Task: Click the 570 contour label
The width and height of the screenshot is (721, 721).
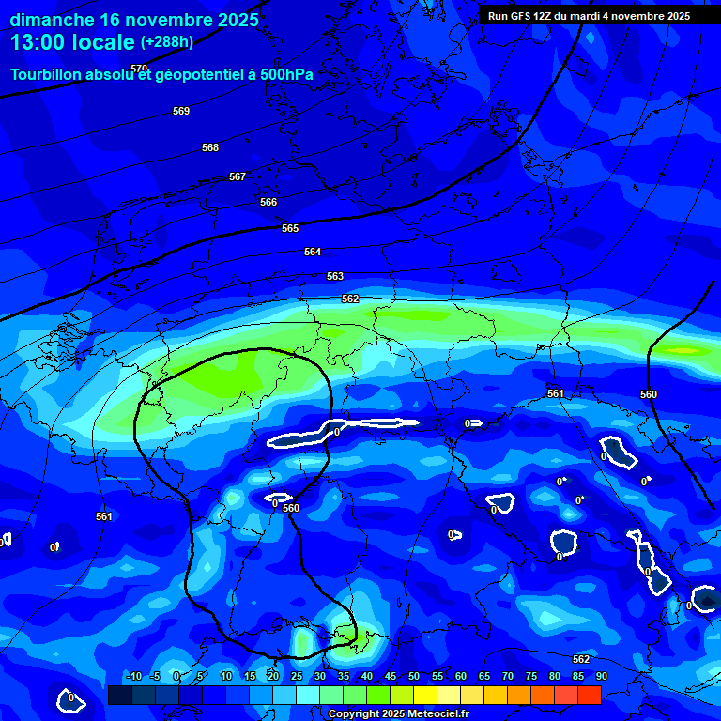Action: coord(139,69)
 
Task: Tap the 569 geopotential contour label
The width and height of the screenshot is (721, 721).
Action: coord(181,111)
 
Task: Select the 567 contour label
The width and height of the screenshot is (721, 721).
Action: coord(238,176)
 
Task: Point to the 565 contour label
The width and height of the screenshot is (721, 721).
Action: coord(290,228)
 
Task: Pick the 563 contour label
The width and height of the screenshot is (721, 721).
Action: coord(335,276)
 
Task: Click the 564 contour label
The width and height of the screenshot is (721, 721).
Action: coord(313,252)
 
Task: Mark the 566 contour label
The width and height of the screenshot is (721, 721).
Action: coord(268,202)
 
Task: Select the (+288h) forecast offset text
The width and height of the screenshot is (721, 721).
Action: coord(167,42)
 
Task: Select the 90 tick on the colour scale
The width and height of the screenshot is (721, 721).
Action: coord(601,676)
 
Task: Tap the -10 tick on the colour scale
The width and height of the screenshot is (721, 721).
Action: coord(133,676)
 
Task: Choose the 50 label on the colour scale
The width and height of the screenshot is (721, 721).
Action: coord(413,676)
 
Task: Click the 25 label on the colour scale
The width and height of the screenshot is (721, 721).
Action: coord(297,676)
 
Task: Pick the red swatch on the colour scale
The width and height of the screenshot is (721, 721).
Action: coord(590,695)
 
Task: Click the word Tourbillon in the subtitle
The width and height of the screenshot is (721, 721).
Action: coord(47,74)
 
